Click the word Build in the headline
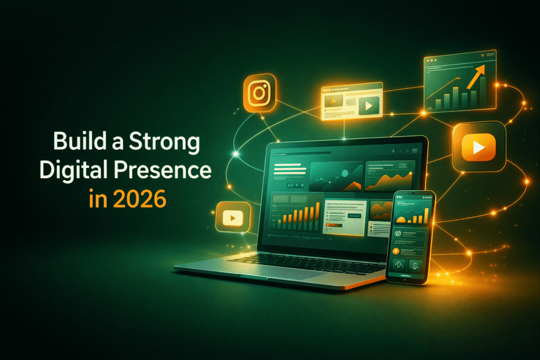point(80,141)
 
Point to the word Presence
point(162,170)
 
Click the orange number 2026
point(139,199)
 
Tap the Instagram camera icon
point(259,93)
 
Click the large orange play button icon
point(479,147)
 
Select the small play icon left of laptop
point(233,218)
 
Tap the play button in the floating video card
point(369,105)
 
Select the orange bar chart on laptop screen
point(298,217)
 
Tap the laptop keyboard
point(306,261)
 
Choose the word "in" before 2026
point(98,199)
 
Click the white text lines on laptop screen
point(290,169)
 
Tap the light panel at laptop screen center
point(345,217)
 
